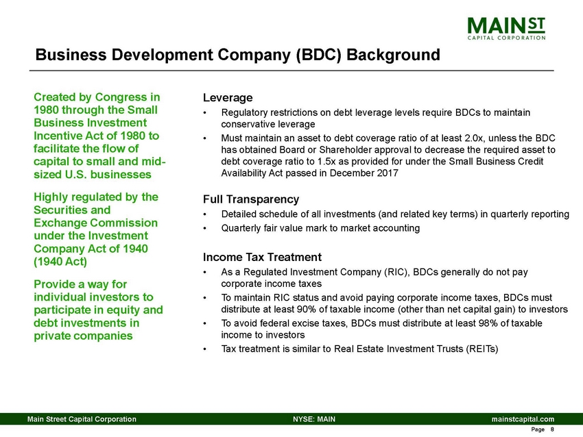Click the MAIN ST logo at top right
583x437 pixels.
click(x=507, y=29)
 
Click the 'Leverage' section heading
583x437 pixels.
click(x=227, y=97)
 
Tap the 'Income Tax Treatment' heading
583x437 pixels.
click(x=262, y=258)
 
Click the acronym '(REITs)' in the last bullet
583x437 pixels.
click(x=480, y=349)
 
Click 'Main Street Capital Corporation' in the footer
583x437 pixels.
click(x=81, y=418)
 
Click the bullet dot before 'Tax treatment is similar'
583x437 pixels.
click(x=206, y=349)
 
